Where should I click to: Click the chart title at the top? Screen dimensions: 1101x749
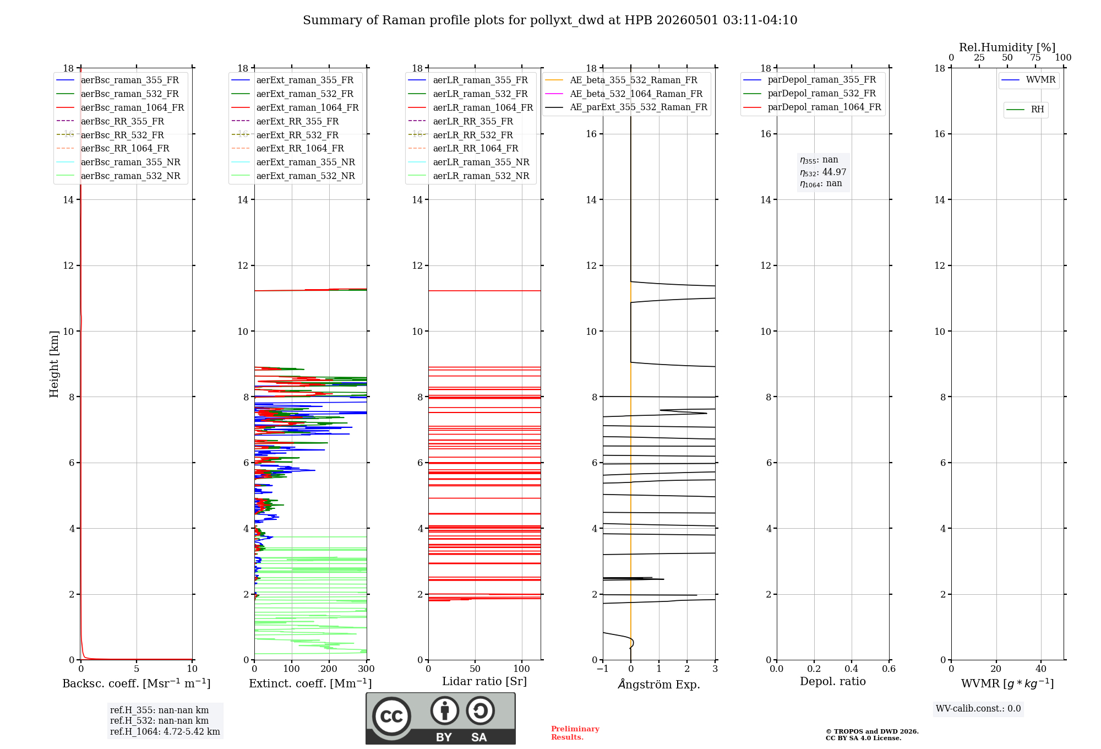550,20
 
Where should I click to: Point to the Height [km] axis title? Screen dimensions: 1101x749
54,364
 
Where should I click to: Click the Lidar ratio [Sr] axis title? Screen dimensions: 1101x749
484,681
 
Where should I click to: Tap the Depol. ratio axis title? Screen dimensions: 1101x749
833,681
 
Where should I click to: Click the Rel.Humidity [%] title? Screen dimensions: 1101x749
1007,47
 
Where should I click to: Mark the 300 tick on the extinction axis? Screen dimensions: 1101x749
366,669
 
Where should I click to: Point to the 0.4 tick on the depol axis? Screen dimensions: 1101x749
852,669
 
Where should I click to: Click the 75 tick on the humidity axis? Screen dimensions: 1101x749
1035,58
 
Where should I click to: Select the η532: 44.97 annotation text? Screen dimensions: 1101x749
823,172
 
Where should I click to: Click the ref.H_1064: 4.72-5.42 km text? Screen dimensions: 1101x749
165,732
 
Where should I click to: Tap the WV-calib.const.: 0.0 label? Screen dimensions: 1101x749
978,709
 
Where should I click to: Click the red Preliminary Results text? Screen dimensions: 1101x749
575,733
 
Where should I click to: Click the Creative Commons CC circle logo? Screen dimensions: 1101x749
391,717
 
